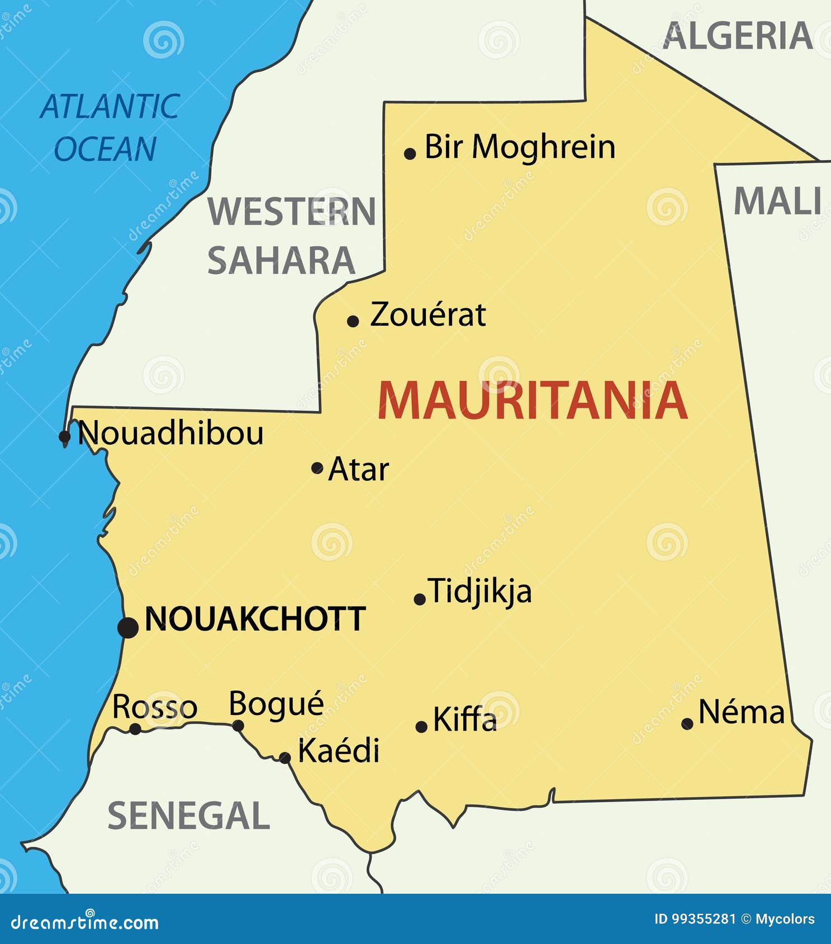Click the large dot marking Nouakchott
pos(128,627)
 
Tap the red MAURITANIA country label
pos(532,401)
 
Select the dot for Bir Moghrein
pos(410,154)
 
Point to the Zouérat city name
pos(428,314)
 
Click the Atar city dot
pos(317,468)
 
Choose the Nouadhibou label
pos(171,433)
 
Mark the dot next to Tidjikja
pos(420,599)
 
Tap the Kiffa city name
pos(464,719)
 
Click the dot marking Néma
pos(687,724)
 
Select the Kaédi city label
pos(339,750)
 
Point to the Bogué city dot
pos(238,726)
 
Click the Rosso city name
pos(155,707)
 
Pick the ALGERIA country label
pos(738,36)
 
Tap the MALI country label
pos(777,201)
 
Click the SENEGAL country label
pos(189,816)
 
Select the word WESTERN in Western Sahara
pos(292,212)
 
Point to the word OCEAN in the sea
pos(105,149)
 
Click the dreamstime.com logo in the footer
pos(85,922)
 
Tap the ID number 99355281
pos(702,919)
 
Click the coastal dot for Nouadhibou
pos(65,436)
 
